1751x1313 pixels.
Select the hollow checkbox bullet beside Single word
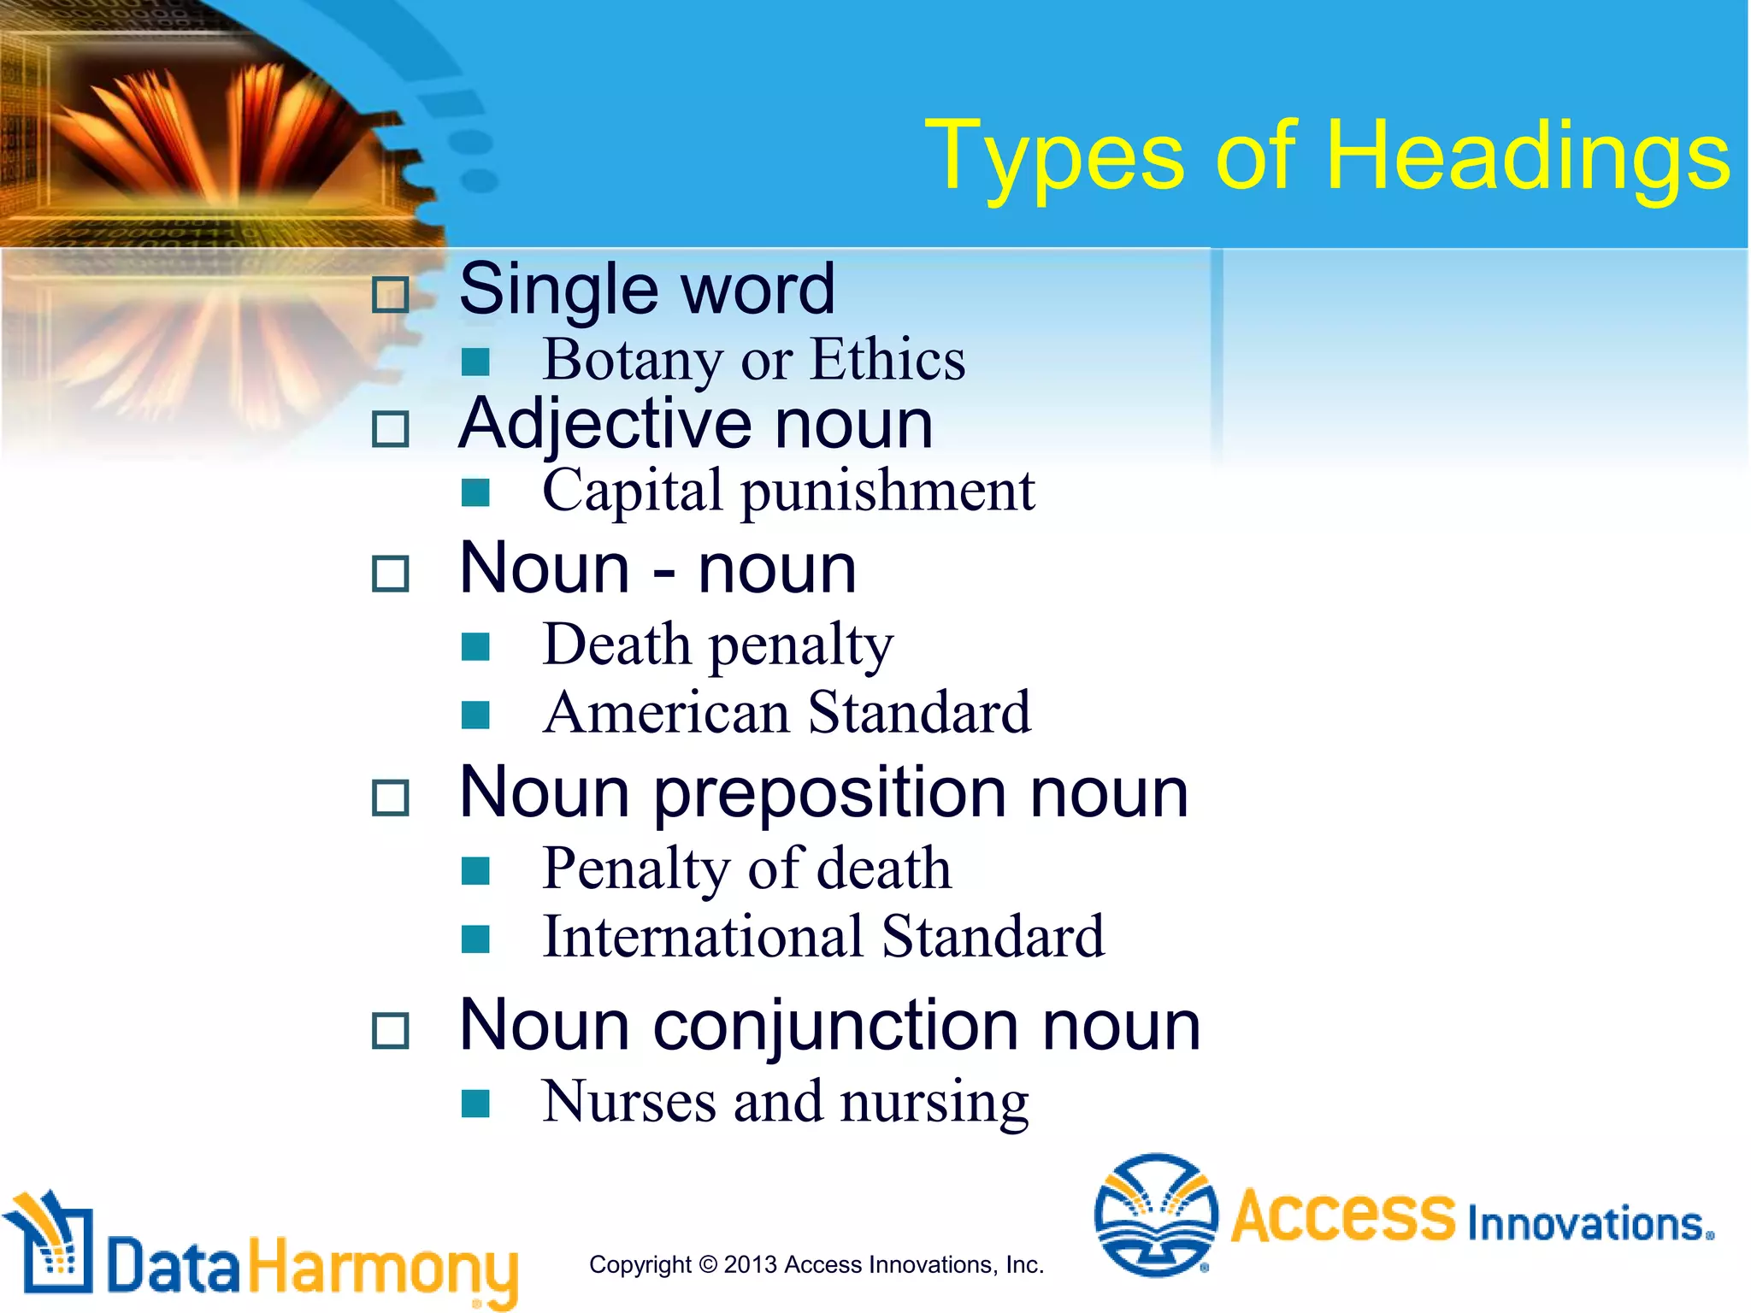tap(391, 295)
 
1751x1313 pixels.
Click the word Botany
tap(632, 360)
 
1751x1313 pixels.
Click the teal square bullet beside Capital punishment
tap(475, 492)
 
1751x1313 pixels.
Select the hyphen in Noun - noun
tap(663, 571)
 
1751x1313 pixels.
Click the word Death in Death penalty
tap(616, 645)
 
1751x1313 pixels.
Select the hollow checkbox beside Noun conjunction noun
tap(391, 1030)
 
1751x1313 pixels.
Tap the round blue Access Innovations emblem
tap(1156, 1215)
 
